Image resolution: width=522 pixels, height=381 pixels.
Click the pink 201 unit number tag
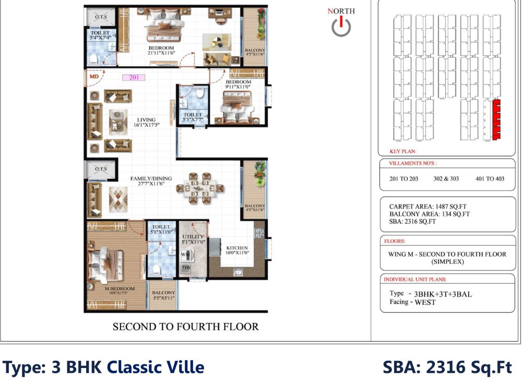point(134,78)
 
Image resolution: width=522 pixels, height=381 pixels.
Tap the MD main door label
point(94,76)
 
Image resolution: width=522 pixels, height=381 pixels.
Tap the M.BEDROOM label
point(120,289)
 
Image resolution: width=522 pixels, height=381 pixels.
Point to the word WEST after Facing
point(425,302)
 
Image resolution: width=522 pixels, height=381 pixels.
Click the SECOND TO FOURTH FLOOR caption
point(185,327)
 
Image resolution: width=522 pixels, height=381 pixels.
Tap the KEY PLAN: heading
point(402,152)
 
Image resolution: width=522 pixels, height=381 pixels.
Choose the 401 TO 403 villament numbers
point(490,179)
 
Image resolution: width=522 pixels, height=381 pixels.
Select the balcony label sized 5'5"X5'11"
point(163,296)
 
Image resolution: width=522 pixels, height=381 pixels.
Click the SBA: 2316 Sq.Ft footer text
point(447,367)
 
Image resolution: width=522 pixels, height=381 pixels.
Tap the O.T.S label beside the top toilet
point(101,17)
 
